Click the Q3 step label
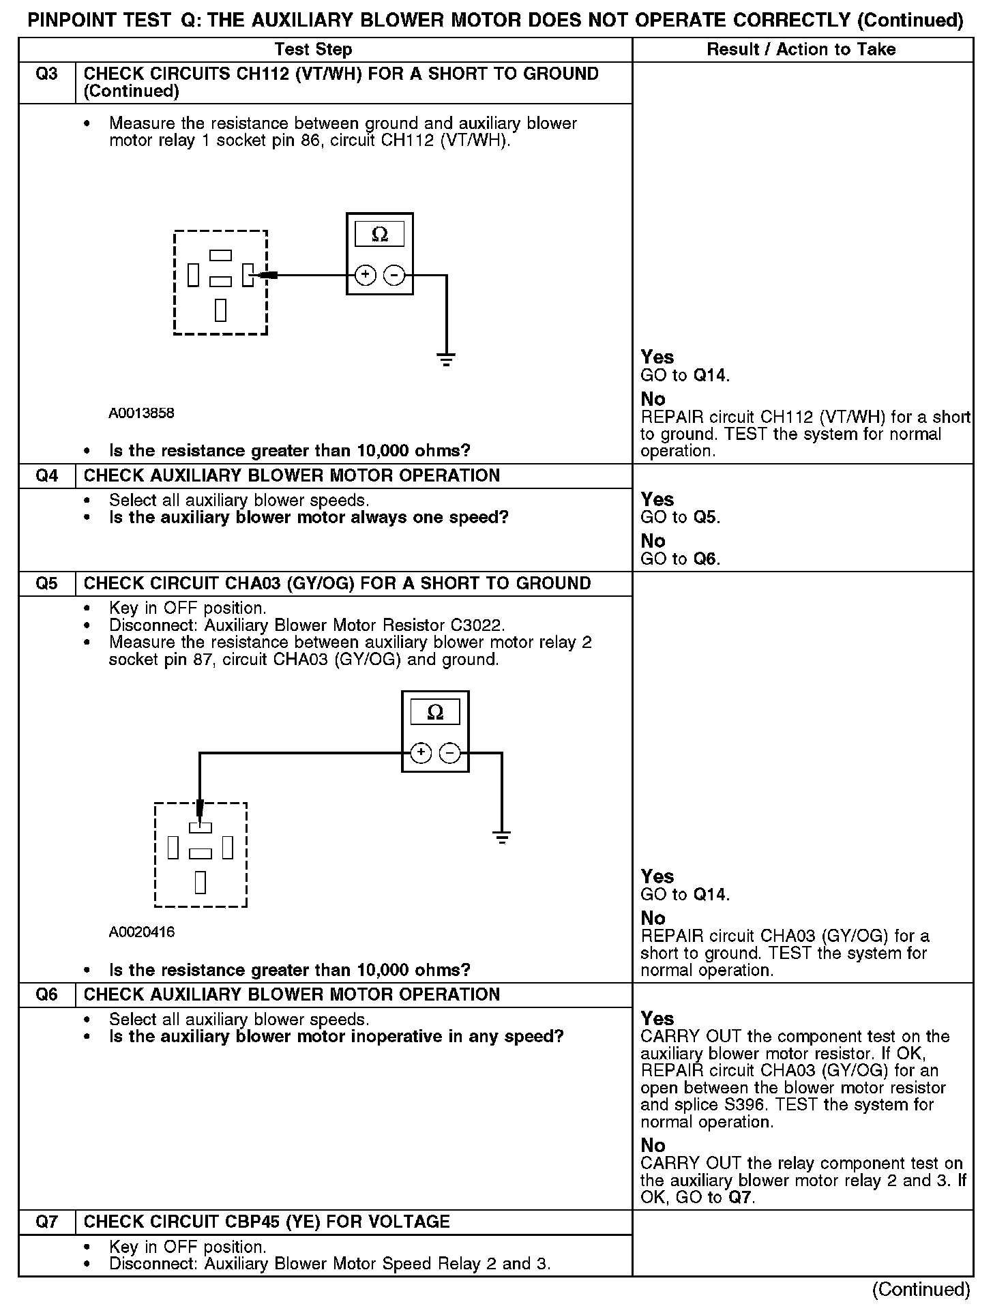(46, 74)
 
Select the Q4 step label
(46, 475)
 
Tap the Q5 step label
(46, 583)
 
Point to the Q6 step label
(46, 994)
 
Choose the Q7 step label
(46, 1222)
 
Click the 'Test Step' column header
(313, 49)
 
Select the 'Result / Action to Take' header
(801, 49)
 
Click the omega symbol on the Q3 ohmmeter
(380, 235)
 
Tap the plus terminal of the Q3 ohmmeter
(366, 275)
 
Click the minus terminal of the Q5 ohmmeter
(449, 752)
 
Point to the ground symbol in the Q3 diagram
(446, 359)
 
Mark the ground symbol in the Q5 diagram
(502, 838)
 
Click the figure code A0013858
(141, 413)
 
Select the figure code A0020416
(141, 932)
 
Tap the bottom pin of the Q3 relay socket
(220, 310)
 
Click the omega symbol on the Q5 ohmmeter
(435, 713)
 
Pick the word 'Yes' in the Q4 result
(657, 499)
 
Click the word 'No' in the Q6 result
(653, 1145)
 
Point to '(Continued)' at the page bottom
(921, 1289)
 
